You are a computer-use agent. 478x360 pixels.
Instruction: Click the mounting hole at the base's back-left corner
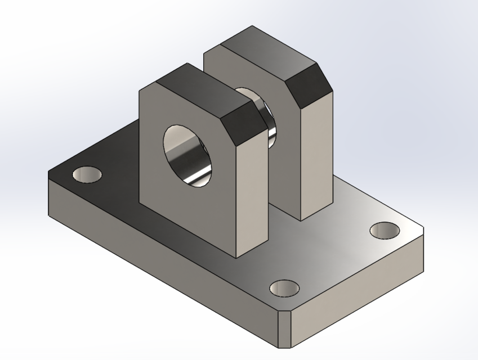tap(87, 174)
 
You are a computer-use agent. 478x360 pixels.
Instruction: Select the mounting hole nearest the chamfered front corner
tap(284, 289)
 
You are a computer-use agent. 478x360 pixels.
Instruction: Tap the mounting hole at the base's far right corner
tap(385, 229)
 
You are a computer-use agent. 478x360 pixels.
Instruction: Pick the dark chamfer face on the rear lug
tap(309, 89)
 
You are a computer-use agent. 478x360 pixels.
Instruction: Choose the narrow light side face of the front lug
tap(251, 191)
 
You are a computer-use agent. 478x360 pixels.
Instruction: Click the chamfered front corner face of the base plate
tap(285, 330)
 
